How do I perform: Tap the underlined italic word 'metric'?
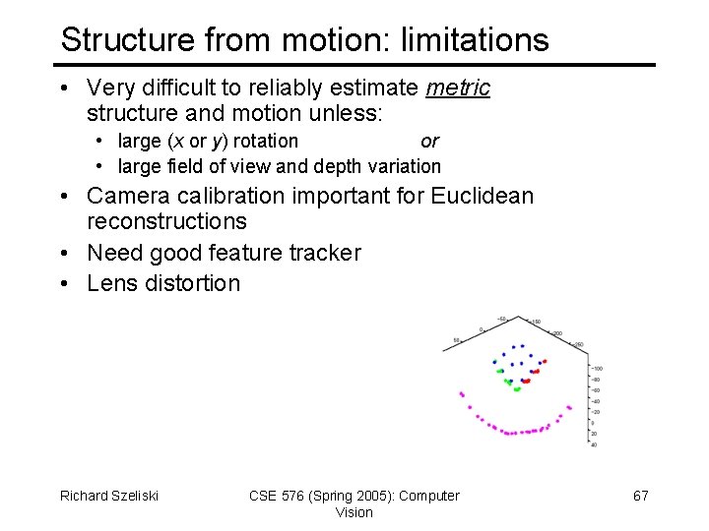pyautogui.click(x=458, y=88)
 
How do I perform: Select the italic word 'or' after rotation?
pyautogui.click(x=429, y=141)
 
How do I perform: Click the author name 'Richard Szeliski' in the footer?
pyautogui.click(x=109, y=496)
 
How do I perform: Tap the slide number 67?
pyautogui.click(x=640, y=496)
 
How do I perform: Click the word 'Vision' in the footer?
pyautogui.click(x=354, y=512)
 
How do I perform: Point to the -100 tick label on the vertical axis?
pyautogui.click(x=596, y=369)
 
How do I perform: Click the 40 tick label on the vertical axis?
pyautogui.click(x=592, y=444)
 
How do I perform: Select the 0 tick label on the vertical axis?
pyautogui.click(x=592, y=423)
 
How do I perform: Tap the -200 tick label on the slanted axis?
pyautogui.click(x=557, y=334)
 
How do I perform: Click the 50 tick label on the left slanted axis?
pyautogui.click(x=456, y=340)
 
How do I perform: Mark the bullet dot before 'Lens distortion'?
pyautogui.click(x=64, y=283)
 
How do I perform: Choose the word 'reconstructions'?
pyautogui.click(x=166, y=221)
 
